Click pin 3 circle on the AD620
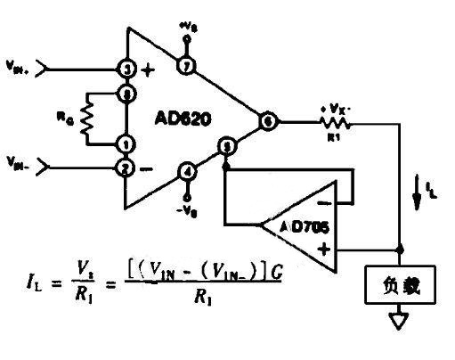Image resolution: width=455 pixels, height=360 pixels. pos(126,69)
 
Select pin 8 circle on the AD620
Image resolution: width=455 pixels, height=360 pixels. pos(126,91)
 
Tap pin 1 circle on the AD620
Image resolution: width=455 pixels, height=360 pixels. pos(126,143)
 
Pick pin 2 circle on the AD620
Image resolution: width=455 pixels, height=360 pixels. pos(126,165)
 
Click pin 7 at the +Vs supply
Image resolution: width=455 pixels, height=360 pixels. pos(187,68)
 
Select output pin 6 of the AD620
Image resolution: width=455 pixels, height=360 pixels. pos(267,119)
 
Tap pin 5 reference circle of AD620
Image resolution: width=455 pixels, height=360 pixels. pos(227,144)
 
